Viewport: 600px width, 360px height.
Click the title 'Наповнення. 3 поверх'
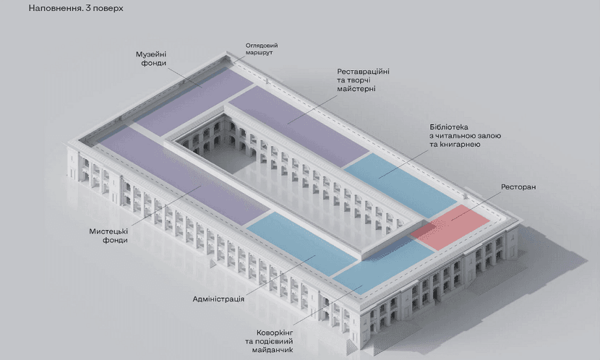coord(76,8)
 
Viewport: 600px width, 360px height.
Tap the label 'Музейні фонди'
coord(151,58)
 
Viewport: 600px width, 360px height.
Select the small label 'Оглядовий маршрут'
coord(262,49)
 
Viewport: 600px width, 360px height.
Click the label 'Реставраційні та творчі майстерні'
coord(363,80)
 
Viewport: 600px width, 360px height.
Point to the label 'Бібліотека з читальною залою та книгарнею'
coord(465,136)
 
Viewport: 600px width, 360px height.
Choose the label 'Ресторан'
coord(519,187)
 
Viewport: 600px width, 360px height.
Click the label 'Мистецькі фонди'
coord(109,236)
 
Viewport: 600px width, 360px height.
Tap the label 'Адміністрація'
coord(218,299)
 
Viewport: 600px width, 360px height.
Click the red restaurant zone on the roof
coord(450,227)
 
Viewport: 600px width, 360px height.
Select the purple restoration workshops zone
coord(298,126)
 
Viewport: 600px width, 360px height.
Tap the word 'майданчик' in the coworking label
coord(272,350)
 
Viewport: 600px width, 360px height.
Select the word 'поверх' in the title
coord(110,8)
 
